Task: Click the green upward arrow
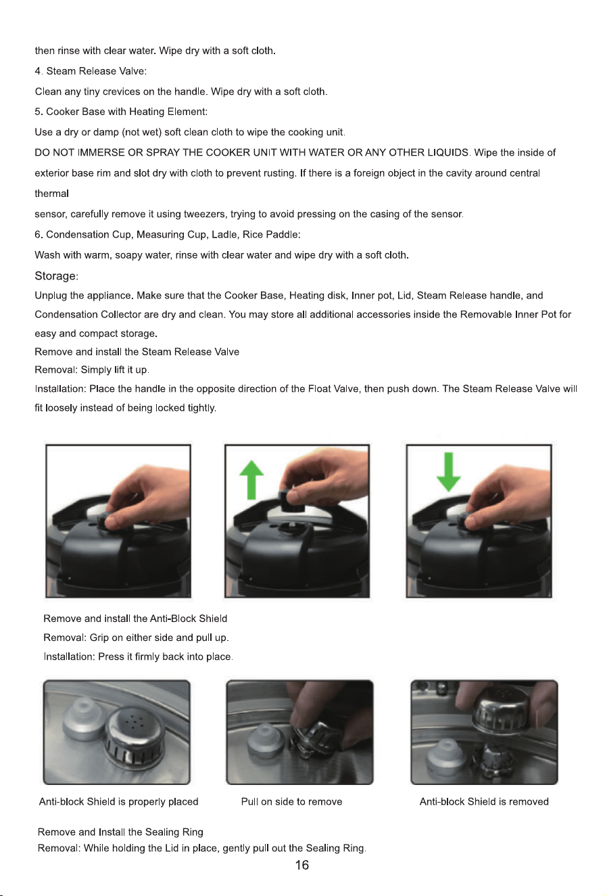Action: [251, 480]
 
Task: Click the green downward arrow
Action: [449, 472]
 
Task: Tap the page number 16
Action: [302, 865]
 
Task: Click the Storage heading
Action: [56, 276]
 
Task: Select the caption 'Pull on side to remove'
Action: [292, 802]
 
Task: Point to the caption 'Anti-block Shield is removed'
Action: [484, 802]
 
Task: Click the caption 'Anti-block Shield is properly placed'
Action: [119, 802]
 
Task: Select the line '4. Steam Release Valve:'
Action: [91, 71]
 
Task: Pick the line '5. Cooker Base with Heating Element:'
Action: [121, 112]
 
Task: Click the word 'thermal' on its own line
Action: [51, 194]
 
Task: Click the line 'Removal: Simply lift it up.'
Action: [92, 369]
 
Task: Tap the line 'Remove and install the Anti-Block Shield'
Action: [135, 619]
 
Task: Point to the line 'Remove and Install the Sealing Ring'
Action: [120, 832]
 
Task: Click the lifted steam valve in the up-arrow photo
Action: [293, 500]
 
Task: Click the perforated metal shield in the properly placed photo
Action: [135, 733]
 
